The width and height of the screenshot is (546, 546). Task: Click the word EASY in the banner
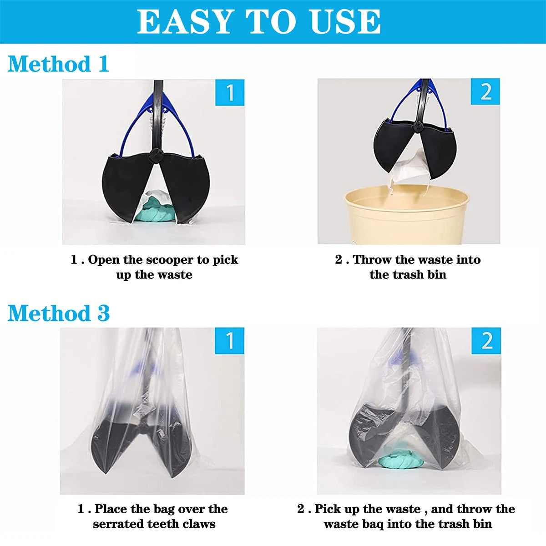(184, 22)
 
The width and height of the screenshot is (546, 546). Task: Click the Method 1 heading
(59, 64)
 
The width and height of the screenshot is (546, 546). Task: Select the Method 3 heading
(59, 313)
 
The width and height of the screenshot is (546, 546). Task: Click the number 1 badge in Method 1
(230, 93)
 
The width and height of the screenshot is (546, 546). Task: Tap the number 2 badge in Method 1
(485, 91)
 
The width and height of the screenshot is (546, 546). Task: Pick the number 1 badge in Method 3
(229, 341)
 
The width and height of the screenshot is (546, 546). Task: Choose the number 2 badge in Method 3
(486, 341)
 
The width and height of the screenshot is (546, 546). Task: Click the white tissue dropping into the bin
(408, 173)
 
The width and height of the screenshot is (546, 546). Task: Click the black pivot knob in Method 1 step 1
(155, 156)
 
